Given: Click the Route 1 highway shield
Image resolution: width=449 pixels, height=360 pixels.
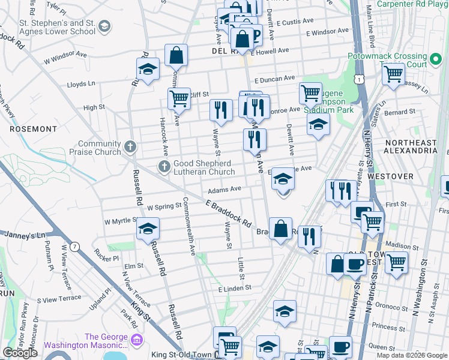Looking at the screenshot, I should (x=359, y=79).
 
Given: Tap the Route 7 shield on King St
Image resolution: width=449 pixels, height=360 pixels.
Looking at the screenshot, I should (x=74, y=247).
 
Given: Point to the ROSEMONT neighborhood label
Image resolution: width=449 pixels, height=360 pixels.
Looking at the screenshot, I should (x=33, y=128).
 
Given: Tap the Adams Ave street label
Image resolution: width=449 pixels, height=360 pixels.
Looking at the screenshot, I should (x=224, y=189).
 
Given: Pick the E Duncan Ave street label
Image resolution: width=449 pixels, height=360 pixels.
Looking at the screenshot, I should (x=274, y=78).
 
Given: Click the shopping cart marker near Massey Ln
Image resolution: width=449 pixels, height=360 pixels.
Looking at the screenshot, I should (x=393, y=74).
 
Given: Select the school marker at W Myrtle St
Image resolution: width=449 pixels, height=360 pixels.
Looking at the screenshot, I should (x=148, y=229).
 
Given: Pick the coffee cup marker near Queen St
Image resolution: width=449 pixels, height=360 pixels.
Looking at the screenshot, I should (x=341, y=347).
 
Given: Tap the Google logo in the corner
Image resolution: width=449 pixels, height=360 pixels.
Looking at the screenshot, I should (x=20, y=353).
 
